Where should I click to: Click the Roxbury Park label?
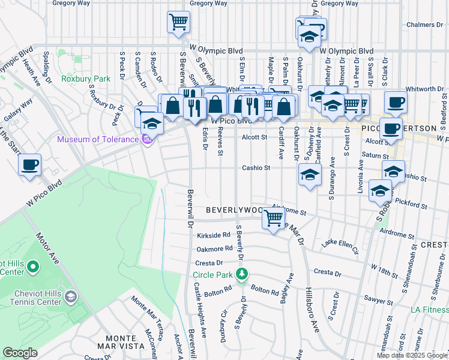tap(86, 79)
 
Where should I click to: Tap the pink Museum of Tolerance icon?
tap(147, 140)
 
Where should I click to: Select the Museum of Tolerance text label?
tap(97, 140)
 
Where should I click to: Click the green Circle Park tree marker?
tap(242, 275)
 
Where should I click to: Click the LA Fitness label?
tap(429, 310)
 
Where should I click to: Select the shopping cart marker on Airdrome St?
tap(273, 218)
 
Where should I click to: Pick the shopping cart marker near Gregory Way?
tap(178, 23)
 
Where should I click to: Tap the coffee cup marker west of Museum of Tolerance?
tap(29, 164)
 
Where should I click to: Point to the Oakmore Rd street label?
tap(214, 248)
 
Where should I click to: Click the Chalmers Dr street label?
tap(428, 25)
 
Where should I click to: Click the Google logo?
tap(20, 353)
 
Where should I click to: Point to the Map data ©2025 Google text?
tap(411, 355)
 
